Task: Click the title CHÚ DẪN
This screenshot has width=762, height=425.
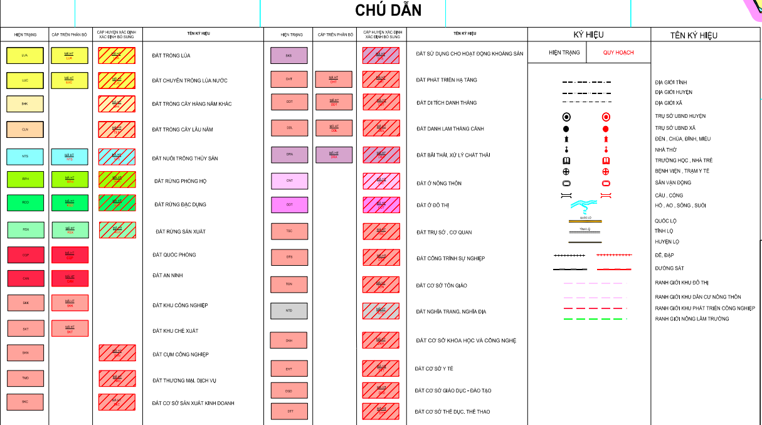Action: click(x=388, y=11)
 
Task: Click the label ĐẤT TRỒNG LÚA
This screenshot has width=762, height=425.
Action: click(x=171, y=56)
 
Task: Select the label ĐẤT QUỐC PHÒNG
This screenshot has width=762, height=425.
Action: click(x=174, y=255)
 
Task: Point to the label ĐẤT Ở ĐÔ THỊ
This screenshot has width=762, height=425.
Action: click(x=433, y=206)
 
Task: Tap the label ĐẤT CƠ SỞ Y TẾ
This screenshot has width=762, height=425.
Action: click(x=434, y=369)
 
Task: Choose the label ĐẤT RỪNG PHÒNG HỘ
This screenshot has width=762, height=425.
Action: click(x=180, y=181)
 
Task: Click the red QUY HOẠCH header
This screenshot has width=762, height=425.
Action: click(x=618, y=53)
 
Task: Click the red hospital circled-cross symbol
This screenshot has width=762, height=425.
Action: click(x=606, y=172)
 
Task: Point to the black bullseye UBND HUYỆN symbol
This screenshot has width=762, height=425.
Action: click(x=566, y=117)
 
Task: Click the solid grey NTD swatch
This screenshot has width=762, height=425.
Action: click(x=288, y=311)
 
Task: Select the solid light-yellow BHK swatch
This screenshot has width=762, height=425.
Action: click(x=24, y=104)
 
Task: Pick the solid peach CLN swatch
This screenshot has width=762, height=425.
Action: click(x=24, y=130)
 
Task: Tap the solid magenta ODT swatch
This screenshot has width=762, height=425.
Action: click(x=289, y=205)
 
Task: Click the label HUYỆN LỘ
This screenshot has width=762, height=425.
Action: click(x=667, y=242)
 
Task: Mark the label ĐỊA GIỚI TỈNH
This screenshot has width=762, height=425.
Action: click(x=671, y=83)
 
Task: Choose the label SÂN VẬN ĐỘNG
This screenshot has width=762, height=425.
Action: click(x=673, y=183)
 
